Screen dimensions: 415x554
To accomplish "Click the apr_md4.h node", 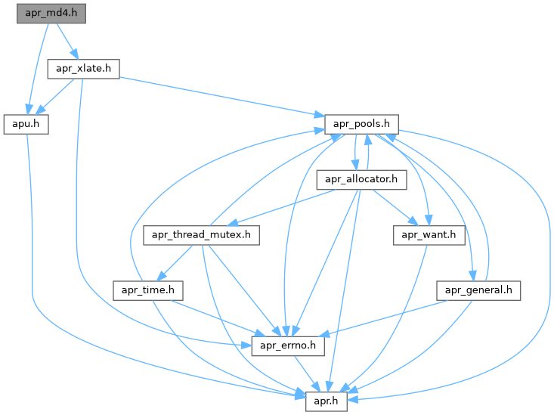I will [51, 14].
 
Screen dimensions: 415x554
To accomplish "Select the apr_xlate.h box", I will [84, 68].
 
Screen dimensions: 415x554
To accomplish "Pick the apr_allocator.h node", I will [361, 180].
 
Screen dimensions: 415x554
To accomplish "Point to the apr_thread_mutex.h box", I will [202, 235].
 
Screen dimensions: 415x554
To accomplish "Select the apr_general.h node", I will [478, 290].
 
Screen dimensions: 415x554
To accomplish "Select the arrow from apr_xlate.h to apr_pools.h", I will [227, 95].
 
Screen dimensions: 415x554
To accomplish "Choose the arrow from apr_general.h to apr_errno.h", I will [385, 317].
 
